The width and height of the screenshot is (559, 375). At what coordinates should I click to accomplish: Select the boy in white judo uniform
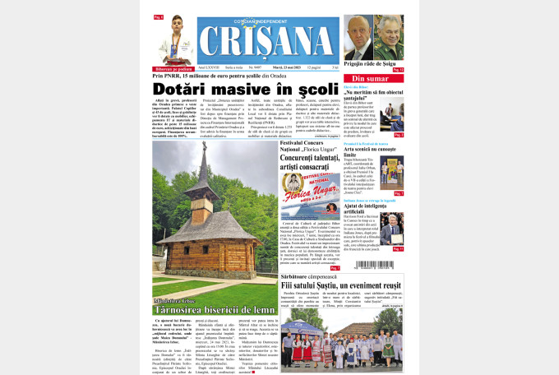[173, 44]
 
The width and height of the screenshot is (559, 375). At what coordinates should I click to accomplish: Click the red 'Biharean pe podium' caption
[173, 69]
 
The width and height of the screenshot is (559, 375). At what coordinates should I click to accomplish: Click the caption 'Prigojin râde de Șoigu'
[373, 63]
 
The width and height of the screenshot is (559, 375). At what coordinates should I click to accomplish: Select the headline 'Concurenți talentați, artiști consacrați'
[310, 163]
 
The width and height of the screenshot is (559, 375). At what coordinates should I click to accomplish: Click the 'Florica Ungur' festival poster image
[310, 198]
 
